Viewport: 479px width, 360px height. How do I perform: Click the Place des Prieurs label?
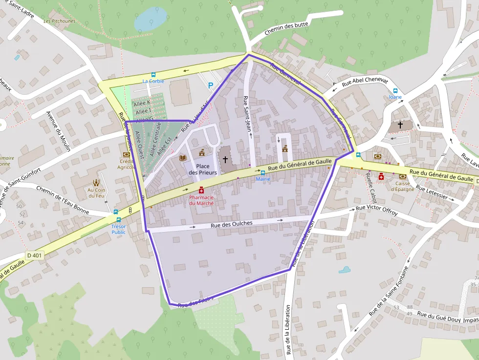point(202,169)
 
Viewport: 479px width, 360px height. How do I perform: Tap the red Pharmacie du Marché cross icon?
point(201,190)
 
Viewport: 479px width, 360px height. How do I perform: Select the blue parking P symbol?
point(211,85)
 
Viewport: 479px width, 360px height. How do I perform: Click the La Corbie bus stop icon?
point(153,75)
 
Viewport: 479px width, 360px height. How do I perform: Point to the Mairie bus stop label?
point(262,179)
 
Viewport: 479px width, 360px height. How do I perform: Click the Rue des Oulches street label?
point(232,224)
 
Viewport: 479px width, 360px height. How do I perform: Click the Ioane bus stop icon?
point(395,90)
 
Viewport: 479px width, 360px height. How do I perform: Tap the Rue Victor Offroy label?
point(376,211)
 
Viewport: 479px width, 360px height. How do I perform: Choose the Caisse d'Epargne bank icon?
point(403,176)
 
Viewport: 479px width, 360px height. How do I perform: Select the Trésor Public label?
point(118,229)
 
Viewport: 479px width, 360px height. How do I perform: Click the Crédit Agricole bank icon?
point(127,154)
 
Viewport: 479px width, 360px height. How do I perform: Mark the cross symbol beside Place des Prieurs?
point(225,159)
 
